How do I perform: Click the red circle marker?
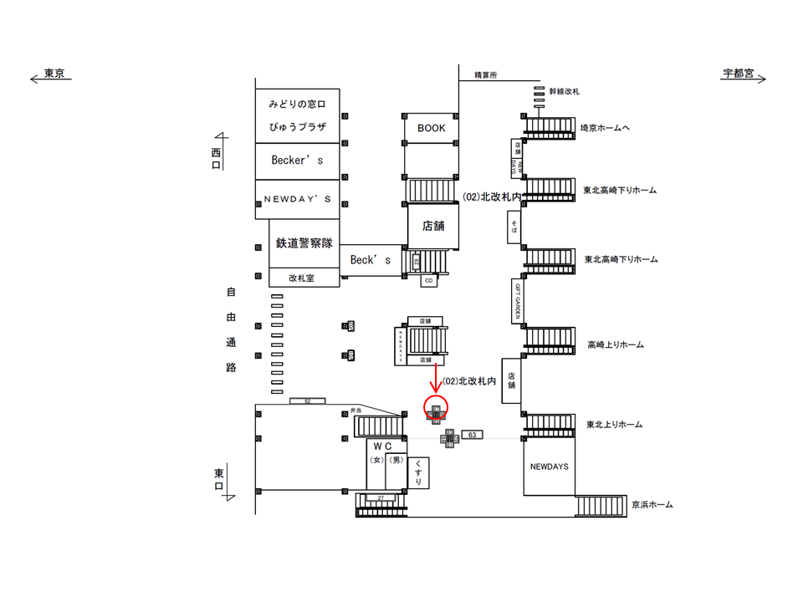pos(437,409)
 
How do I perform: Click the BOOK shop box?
pos(432,128)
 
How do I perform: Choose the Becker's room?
pos(297,161)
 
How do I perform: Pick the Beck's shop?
pos(371,259)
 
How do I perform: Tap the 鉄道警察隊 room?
pos(304,243)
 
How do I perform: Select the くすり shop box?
pos(417,472)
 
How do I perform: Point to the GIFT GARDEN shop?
pos(518,301)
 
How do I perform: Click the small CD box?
pos(429,280)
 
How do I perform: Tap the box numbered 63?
pos(473,436)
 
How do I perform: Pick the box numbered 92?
pos(307,401)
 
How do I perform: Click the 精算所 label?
pos(485,75)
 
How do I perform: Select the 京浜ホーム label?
pos(652,505)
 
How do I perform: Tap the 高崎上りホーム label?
pos(615,344)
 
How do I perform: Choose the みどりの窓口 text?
pos(297,105)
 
